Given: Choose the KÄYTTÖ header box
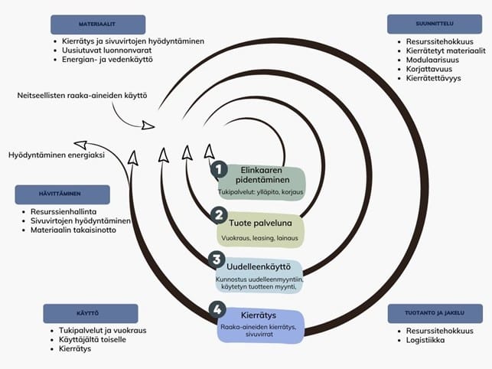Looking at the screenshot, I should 90,313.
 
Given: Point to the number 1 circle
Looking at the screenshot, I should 218,168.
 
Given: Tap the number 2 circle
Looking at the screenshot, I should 218,215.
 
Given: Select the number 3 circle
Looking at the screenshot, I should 218,260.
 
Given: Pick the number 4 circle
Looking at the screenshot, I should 218,311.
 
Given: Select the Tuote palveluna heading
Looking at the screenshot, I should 262,223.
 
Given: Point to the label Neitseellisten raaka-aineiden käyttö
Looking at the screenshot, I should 82,96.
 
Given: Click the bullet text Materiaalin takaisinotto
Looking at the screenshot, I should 73,230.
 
